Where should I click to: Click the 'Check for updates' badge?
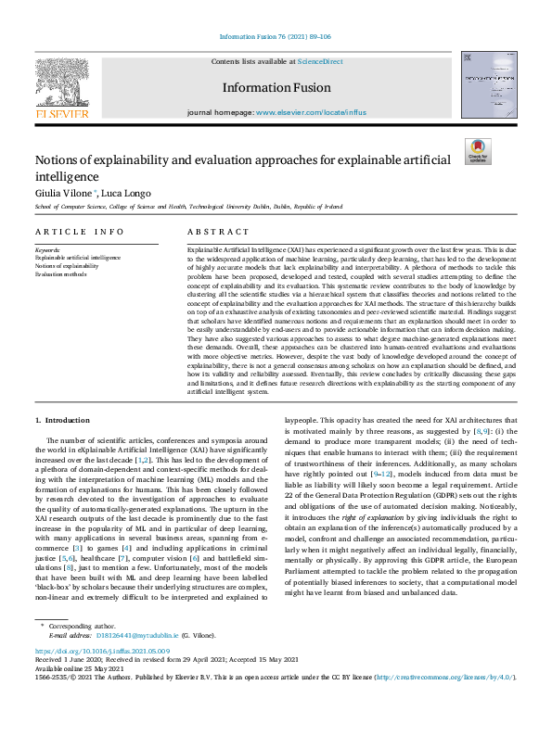click(x=479, y=151)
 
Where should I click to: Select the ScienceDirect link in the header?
click(x=319, y=61)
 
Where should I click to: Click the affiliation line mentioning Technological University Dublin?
click(x=188, y=208)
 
